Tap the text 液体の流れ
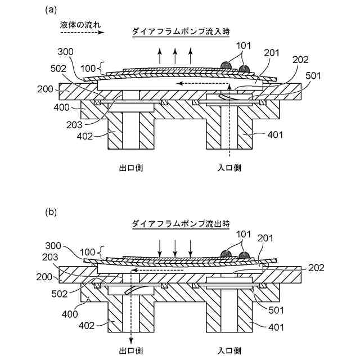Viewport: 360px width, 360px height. point(80,25)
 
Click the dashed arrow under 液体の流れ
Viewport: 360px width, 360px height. point(80,34)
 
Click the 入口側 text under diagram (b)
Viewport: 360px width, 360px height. point(229,351)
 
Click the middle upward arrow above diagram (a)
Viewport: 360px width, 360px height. point(175,55)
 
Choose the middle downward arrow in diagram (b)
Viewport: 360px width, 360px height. point(175,246)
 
